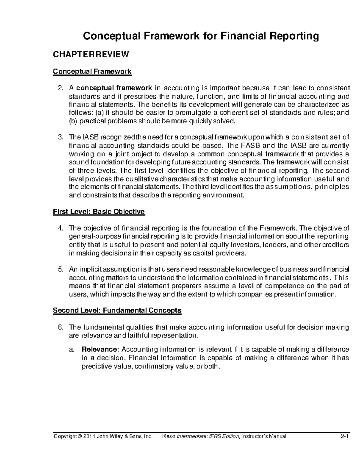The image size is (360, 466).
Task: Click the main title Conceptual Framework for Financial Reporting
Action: click(x=201, y=36)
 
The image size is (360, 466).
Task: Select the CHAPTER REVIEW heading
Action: click(x=91, y=55)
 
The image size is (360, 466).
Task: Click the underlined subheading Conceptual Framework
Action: click(x=92, y=71)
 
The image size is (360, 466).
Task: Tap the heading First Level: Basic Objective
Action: click(x=99, y=212)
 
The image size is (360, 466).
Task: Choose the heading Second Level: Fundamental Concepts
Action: click(x=117, y=310)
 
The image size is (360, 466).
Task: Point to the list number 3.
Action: click(x=60, y=137)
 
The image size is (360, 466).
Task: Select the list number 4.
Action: click(x=60, y=228)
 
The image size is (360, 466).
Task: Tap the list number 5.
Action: click(x=60, y=269)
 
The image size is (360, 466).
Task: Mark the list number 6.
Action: click(x=60, y=327)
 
